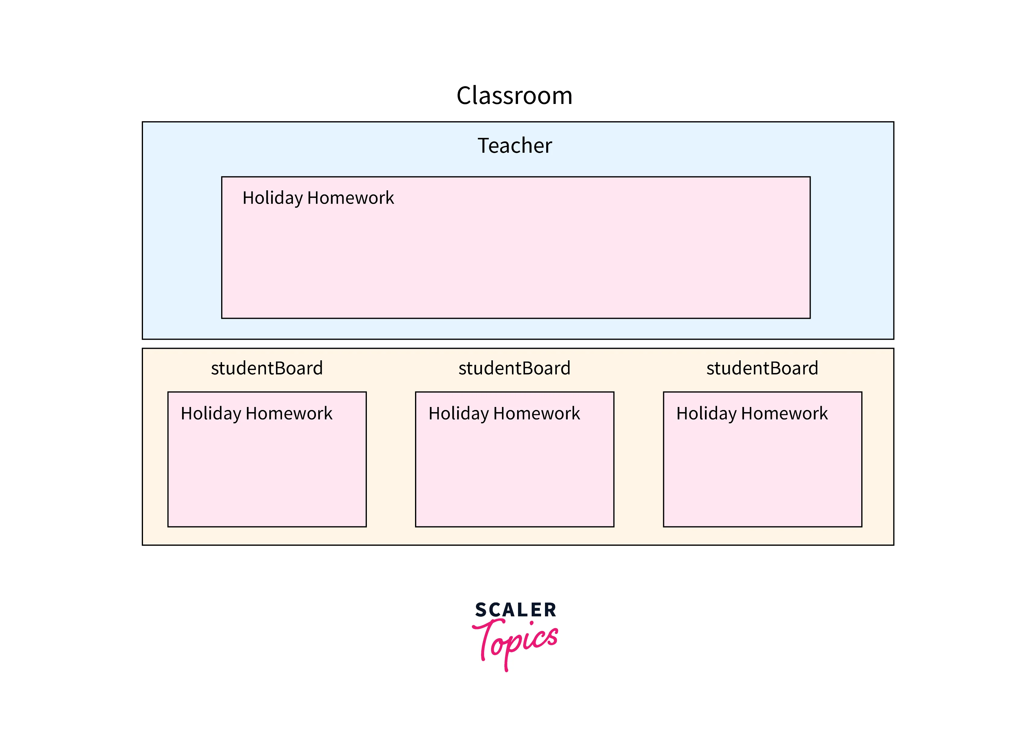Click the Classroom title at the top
515,96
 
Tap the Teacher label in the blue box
515,146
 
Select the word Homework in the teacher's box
350,198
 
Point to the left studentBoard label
267,368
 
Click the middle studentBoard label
515,368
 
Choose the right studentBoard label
762,368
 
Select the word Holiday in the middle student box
458,414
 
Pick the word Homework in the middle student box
536,414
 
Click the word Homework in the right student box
784,414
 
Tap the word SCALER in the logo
515,610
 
